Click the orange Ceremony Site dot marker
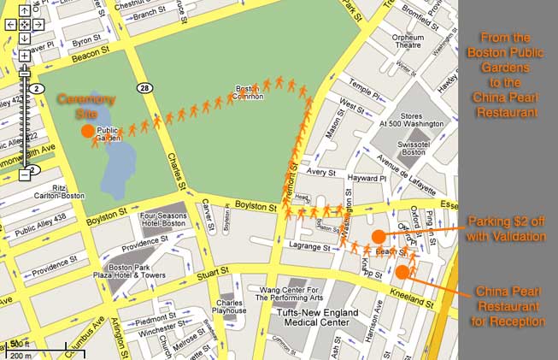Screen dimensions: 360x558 coord(87,131)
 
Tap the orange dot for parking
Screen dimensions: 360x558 coord(379,236)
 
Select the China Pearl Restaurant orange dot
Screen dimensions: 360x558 coord(402,272)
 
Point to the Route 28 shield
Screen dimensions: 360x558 coord(146,89)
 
